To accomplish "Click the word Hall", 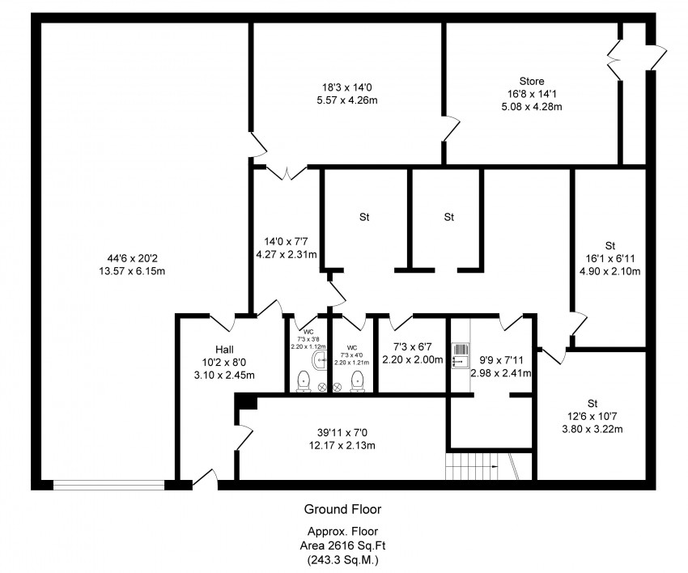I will pos(223,350).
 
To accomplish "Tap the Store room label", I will pos(532,81).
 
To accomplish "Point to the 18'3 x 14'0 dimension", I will pos(346,88).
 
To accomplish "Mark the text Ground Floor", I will pos(342,509).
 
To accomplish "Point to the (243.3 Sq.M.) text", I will pos(342,558).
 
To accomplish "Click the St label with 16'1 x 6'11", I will pos(609,245).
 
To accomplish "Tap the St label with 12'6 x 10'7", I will pos(592,402).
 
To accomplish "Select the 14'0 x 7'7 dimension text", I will pos(285,241).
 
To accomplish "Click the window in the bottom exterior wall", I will pos(108,486).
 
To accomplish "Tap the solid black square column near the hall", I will pos(246,403).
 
